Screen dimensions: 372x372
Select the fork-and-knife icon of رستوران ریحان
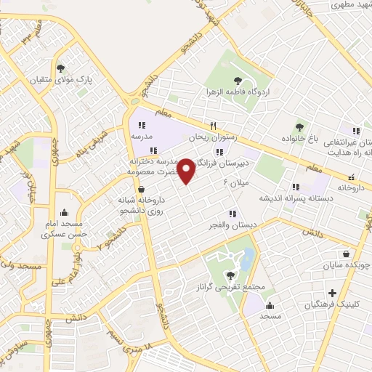214,125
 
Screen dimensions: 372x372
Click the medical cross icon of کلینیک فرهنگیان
332,293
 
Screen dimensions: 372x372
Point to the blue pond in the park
247,258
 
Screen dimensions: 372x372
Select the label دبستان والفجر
232,225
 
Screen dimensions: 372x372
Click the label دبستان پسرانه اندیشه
295,198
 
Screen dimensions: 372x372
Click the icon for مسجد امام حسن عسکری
65,213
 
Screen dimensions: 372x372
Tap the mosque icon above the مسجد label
270,305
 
